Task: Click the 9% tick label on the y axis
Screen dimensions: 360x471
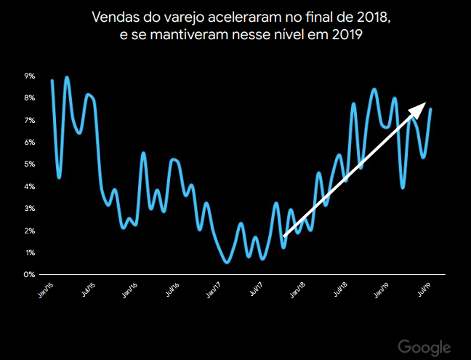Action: click(31, 76)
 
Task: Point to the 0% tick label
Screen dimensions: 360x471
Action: click(31, 275)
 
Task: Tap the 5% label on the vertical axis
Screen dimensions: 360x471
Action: click(31, 164)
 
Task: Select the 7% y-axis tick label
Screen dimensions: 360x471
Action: click(31, 120)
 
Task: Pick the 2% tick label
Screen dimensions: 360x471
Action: click(31, 231)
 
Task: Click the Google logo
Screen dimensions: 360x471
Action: click(424, 347)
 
